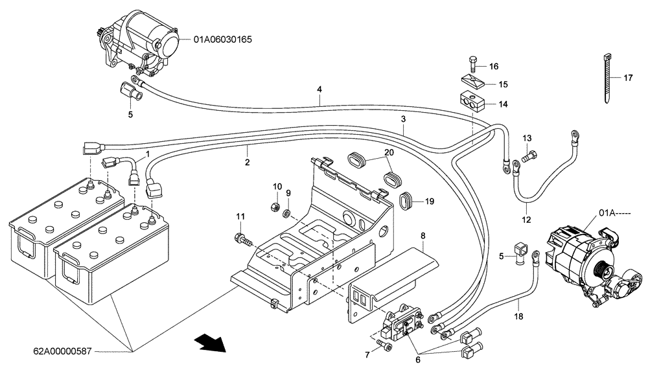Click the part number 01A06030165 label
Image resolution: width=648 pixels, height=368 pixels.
coord(222,40)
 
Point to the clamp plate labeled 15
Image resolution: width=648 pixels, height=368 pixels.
coord(471,83)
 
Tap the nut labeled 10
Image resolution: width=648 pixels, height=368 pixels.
coord(274,207)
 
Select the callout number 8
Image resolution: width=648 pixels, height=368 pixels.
coord(422,236)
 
